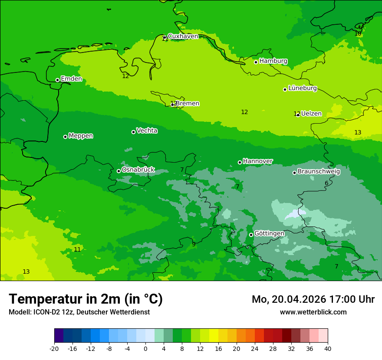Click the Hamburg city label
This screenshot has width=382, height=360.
273,61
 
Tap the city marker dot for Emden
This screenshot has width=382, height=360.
57,80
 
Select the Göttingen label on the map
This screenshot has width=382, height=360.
269,233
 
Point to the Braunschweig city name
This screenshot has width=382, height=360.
319,171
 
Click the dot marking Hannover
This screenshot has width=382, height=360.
240,162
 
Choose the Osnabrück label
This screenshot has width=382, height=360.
138,170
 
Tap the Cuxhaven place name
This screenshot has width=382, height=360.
183,36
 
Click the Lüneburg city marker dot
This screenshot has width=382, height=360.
285,89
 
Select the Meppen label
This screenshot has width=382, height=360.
81,136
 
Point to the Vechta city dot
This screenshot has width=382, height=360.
133,132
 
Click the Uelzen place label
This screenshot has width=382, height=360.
311,114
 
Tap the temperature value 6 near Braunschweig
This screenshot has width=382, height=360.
326,183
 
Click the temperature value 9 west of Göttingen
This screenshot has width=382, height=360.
194,244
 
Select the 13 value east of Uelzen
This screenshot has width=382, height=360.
358,132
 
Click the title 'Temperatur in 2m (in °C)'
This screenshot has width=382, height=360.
86,299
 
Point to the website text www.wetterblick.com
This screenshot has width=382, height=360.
313,312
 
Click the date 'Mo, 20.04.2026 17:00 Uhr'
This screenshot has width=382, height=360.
313,299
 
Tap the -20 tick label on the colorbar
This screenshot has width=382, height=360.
54,348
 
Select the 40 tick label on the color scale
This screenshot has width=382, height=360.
327,348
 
